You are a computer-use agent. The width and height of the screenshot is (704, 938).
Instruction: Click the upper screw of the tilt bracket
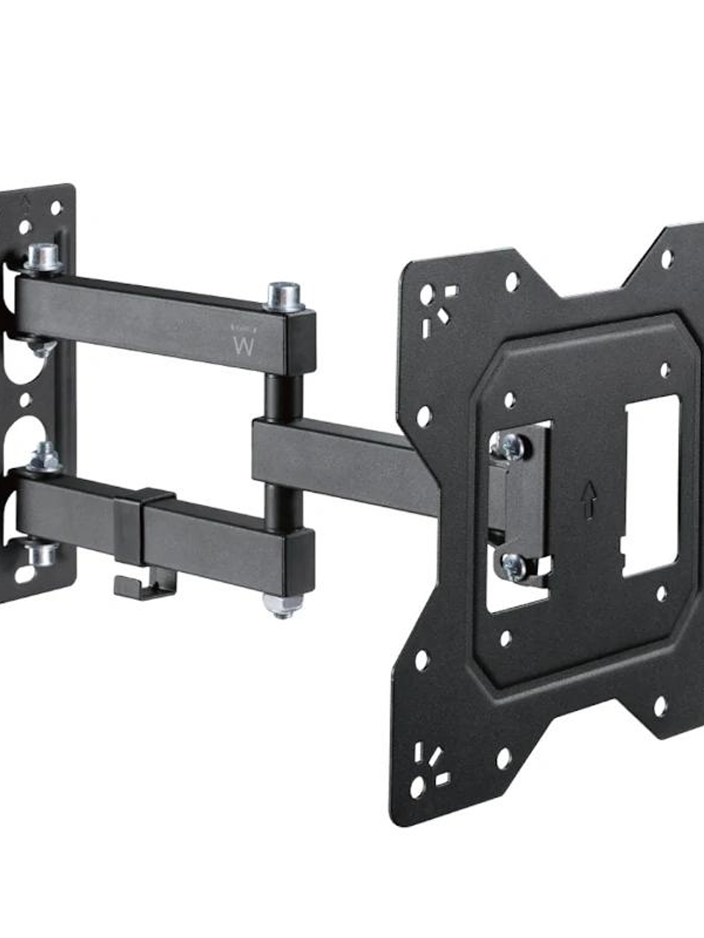tap(513, 446)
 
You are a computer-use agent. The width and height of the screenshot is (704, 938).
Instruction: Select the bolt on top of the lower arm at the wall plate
tap(43, 457)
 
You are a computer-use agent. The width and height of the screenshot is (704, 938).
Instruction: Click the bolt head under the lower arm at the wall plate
tap(41, 554)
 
